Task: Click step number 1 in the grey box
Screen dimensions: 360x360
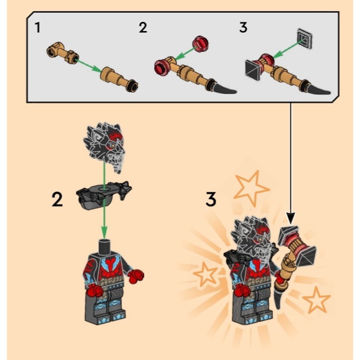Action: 38,27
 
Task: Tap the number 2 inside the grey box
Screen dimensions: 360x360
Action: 143,27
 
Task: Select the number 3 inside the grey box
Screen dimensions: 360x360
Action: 243,27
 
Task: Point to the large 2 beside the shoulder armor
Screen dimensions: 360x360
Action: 57,199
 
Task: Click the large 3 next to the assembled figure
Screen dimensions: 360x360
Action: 211,199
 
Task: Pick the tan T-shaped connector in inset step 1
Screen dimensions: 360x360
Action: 63,52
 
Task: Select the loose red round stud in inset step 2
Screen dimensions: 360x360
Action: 200,44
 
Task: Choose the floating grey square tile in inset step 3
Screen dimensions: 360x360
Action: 305,38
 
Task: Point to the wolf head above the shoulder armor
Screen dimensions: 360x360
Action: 105,147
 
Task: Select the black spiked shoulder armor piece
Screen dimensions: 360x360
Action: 104,195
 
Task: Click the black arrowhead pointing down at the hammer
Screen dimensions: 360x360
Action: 291,218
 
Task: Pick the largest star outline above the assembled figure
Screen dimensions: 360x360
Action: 251,189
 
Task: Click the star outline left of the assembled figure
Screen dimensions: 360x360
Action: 205,274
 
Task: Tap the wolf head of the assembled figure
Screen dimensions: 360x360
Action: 252,239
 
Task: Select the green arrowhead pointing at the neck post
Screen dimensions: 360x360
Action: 105,232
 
